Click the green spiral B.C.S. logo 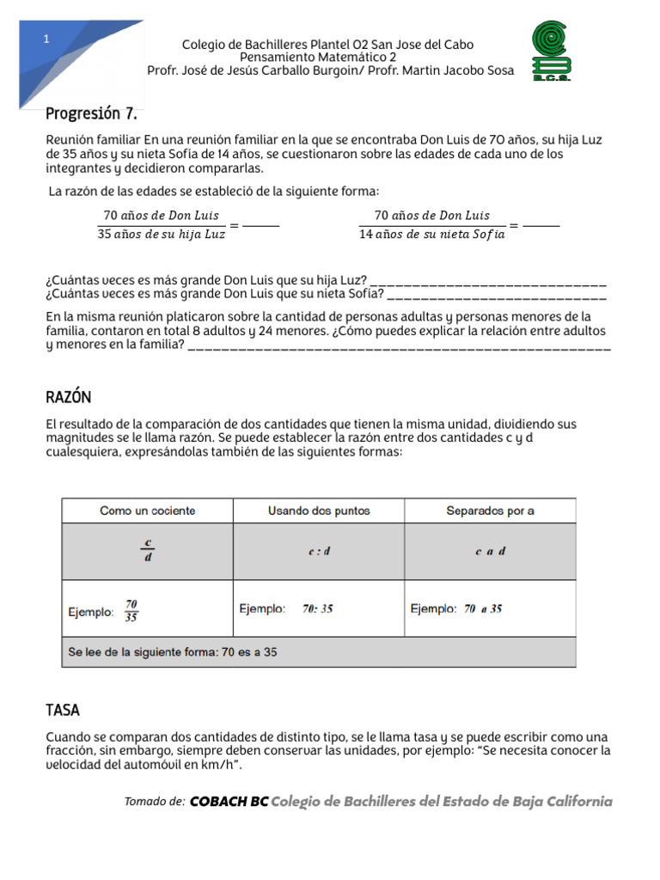(552, 52)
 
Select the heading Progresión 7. (91, 113)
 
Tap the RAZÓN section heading (69, 397)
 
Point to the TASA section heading (63, 711)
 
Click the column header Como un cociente (148, 510)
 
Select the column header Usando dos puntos (319, 510)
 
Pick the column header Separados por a (490, 510)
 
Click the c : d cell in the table (319, 552)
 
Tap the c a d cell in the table (490, 552)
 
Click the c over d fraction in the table (148, 551)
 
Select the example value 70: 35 (318, 608)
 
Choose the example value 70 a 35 (483, 608)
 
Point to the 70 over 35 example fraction (131, 609)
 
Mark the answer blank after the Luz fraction (261, 225)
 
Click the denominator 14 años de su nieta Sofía (432, 235)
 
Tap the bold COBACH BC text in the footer (229, 802)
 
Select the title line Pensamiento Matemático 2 (329, 58)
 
